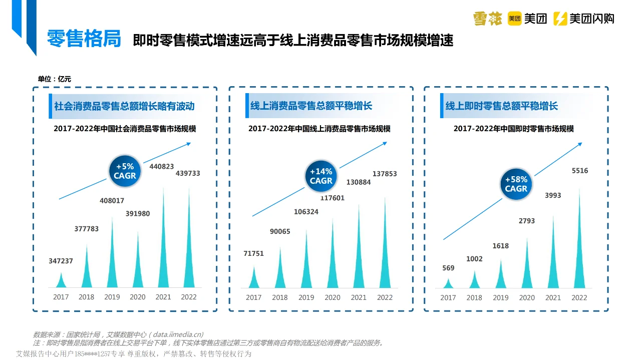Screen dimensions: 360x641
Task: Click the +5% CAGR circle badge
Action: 125,171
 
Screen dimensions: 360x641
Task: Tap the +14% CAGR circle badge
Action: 321,176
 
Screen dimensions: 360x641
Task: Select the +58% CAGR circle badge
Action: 516,184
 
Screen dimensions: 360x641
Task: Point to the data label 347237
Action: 61,261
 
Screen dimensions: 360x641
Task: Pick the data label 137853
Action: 385,174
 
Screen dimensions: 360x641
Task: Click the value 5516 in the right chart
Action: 580,171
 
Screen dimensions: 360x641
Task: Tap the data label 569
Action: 448,268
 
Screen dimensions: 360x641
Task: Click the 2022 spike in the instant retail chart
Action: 580,245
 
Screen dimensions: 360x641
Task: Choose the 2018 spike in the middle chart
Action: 280,270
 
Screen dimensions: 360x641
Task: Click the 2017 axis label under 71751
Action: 253,297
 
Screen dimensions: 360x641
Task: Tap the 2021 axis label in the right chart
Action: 553,297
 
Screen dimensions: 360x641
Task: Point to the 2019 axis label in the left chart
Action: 112,297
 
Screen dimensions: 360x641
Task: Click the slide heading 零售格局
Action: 84,39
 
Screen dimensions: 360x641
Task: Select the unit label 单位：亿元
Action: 55,79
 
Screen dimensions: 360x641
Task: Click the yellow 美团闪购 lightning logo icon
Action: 560,19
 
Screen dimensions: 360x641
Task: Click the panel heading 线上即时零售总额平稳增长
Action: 501,106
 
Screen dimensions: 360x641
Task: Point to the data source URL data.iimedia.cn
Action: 177,334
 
